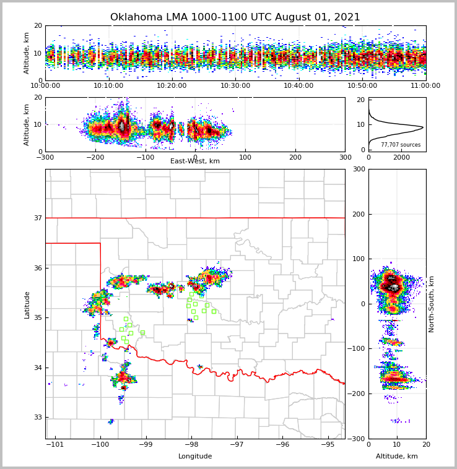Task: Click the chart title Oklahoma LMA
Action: (x=235, y=17)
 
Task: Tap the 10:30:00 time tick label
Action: (x=235, y=86)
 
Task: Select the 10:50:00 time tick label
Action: (x=362, y=86)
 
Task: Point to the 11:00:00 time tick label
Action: (x=425, y=86)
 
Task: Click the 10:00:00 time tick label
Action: (x=45, y=86)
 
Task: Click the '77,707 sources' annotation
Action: (x=401, y=145)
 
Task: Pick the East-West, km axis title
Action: (x=195, y=161)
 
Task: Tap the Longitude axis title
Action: (x=195, y=457)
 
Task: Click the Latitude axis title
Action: (x=27, y=304)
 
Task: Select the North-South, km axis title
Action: (x=432, y=304)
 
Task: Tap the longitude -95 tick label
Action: (x=328, y=444)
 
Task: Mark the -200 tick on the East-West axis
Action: (x=95, y=157)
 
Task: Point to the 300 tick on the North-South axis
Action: (x=357, y=170)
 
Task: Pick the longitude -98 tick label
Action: (x=191, y=444)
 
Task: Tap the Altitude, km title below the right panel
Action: (x=397, y=457)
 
